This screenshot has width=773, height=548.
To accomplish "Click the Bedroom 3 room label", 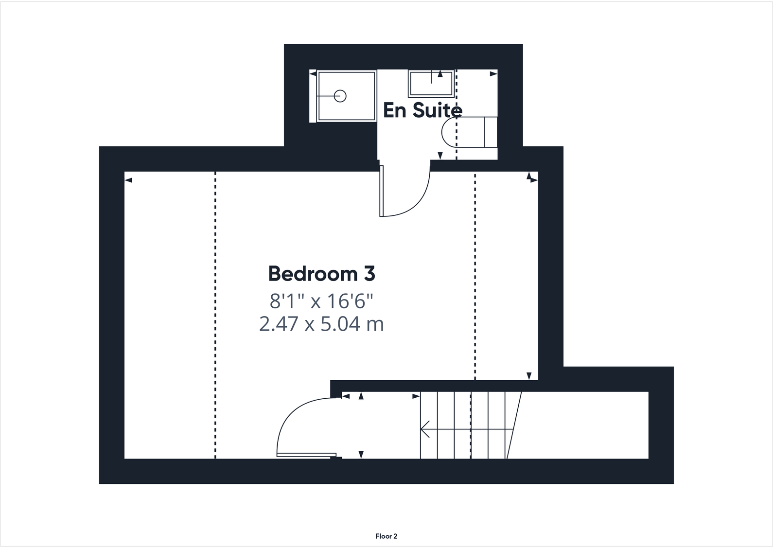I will pyautogui.click(x=321, y=274).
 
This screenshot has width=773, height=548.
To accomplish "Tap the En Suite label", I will pyautogui.click(x=422, y=110).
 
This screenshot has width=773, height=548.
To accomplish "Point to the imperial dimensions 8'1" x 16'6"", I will pyautogui.click(x=321, y=301).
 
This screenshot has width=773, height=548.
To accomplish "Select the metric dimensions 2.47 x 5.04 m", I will pyautogui.click(x=321, y=324).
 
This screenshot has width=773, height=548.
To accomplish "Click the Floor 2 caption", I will pyautogui.click(x=386, y=536).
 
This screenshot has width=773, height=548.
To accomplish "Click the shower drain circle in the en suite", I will pyautogui.click(x=340, y=96).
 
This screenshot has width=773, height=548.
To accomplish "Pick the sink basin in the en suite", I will pyautogui.click(x=431, y=84).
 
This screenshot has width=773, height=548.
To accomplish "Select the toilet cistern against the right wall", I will pyautogui.click(x=491, y=132).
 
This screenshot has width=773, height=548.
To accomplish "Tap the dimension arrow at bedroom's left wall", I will pyautogui.click(x=128, y=180).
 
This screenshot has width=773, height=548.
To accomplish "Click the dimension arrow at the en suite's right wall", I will pyautogui.click(x=493, y=74).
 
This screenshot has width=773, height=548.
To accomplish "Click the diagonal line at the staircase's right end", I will pyautogui.click(x=514, y=425).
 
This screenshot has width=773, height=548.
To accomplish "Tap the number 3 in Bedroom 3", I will pyautogui.click(x=369, y=274).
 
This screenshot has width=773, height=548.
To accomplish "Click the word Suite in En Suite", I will pyautogui.click(x=436, y=110).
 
